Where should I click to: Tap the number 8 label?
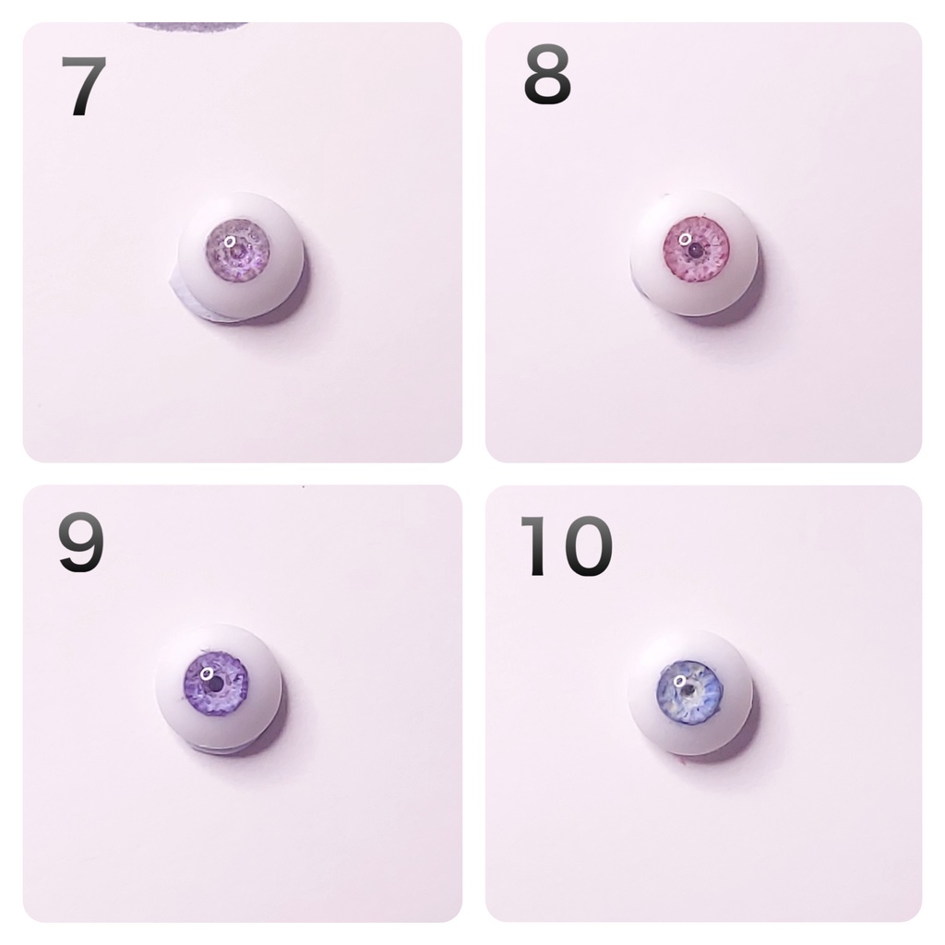547,78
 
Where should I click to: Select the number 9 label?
81,544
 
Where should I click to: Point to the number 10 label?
565,546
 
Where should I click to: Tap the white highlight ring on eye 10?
682,681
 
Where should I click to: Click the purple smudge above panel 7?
189,25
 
